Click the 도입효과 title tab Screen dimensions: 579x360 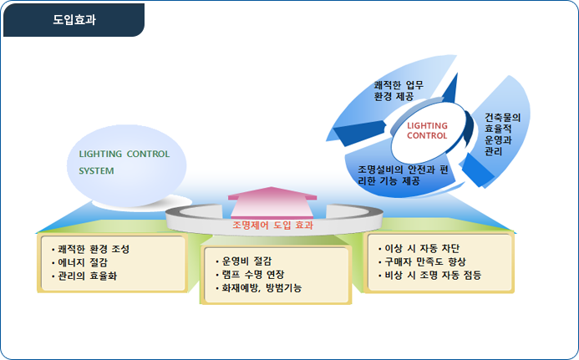74,20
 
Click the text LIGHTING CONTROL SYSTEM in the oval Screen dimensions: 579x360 124,162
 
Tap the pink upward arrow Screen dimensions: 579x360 272,202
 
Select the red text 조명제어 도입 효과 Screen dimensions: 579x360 273,225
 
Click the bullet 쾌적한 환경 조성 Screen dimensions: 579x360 90,249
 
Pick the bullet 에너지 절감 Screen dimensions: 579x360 79,262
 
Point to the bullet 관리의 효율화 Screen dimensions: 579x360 84,276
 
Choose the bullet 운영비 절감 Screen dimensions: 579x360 243,261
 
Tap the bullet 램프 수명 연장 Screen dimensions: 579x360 250,274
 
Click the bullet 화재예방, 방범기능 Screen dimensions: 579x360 258,287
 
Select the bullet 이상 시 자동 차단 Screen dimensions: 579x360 419,249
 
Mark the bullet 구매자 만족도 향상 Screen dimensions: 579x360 422,261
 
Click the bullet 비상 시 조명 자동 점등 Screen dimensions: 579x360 429,275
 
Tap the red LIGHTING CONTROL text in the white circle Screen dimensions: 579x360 427,130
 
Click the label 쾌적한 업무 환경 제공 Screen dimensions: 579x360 399,91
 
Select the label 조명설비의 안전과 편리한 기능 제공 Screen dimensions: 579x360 403,175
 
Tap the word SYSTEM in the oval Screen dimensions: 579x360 96,171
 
